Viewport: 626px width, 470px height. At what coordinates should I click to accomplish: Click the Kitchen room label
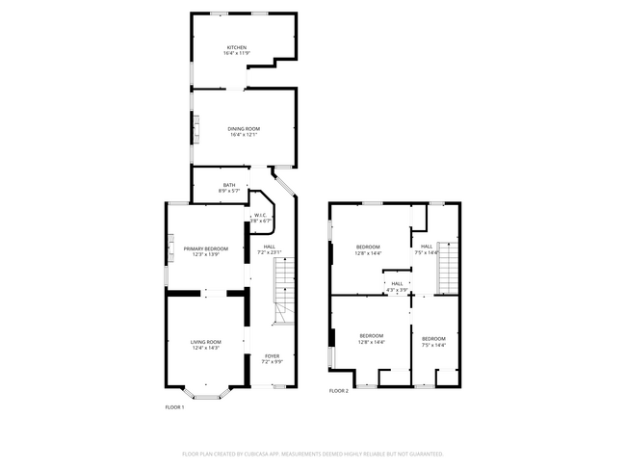pos(236,47)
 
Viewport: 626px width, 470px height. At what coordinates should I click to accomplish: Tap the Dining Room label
pos(244,128)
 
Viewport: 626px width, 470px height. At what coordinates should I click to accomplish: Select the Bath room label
pos(228,185)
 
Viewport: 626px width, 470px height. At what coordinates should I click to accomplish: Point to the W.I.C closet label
pos(260,215)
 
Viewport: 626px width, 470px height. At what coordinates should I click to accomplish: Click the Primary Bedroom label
pos(206,248)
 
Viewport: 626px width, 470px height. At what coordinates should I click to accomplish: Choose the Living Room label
pos(205,342)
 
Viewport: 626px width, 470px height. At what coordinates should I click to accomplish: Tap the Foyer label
pos(273,355)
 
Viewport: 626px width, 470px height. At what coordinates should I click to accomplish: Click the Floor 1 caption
pos(174,406)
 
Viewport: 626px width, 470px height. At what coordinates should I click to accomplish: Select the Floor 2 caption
pos(338,391)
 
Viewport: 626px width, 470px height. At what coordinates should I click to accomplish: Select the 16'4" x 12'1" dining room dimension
pos(244,135)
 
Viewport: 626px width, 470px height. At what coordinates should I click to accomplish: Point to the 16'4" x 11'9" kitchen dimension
pos(236,54)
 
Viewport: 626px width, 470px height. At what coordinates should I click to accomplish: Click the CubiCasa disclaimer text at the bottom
pos(313,453)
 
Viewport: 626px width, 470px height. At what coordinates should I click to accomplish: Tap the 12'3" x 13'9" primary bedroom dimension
pos(206,254)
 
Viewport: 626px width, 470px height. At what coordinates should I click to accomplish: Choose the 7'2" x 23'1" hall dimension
pos(269,252)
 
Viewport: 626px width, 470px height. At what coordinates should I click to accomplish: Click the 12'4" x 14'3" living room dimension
pos(205,348)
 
